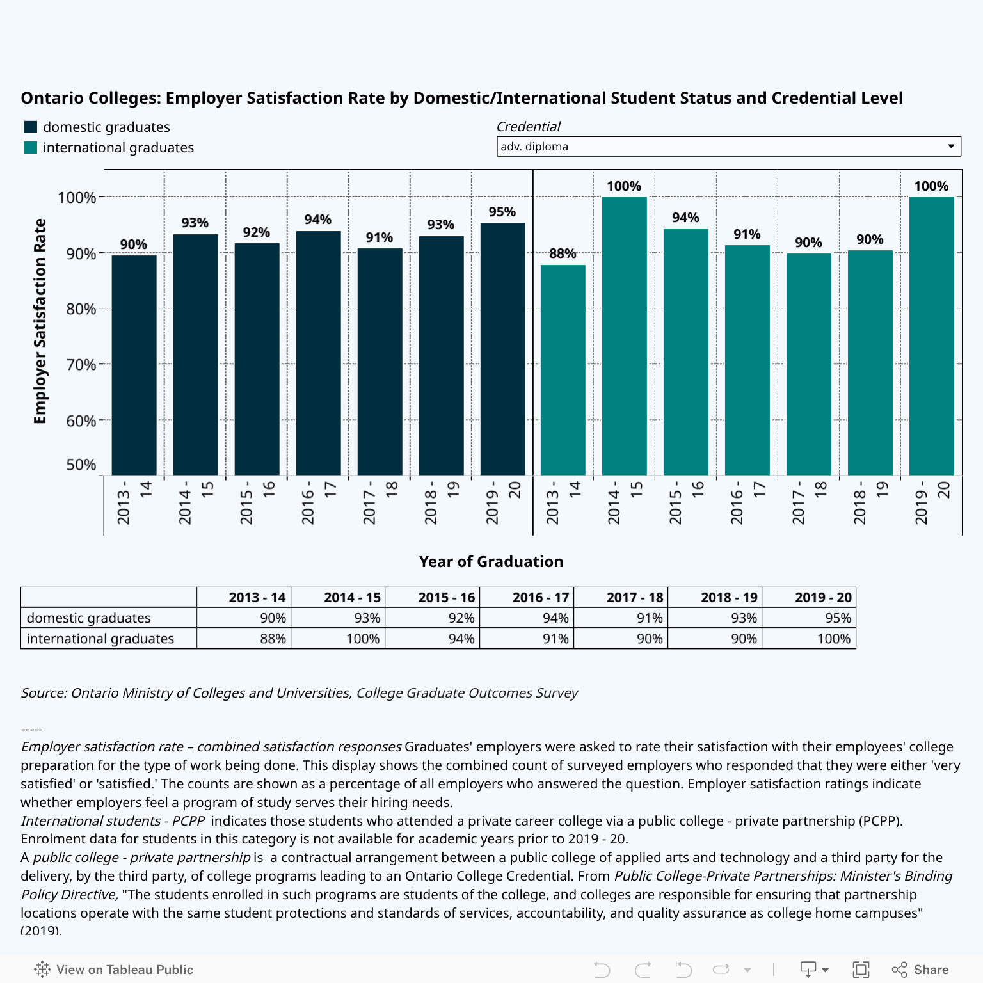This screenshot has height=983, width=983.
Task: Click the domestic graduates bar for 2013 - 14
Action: [134, 365]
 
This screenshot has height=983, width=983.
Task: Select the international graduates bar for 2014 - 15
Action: [624, 336]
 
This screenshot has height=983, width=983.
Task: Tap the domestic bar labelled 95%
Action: [502, 349]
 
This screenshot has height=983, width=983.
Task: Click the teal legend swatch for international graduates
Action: [31, 148]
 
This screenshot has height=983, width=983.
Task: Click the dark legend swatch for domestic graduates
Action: [31, 127]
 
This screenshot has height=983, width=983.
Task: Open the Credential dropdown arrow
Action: [951, 147]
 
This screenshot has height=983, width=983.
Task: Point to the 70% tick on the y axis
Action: [81, 365]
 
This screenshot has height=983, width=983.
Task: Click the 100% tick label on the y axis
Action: [77, 198]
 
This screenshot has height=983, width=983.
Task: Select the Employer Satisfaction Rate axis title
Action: [40, 321]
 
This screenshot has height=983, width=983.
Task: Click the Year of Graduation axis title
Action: [491, 562]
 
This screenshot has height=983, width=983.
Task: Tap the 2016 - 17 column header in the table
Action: [540, 598]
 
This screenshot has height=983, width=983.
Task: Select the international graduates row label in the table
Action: [100, 639]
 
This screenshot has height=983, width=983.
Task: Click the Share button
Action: [921, 970]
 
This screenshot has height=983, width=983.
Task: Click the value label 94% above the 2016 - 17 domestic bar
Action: [318, 220]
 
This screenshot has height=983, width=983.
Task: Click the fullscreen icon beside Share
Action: [861, 970]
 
